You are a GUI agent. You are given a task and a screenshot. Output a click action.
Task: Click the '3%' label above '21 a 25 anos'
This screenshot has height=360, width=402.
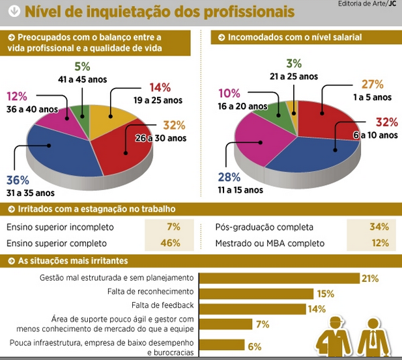[294, 64]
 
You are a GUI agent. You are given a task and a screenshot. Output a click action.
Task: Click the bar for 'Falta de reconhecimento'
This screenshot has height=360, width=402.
[255, 294]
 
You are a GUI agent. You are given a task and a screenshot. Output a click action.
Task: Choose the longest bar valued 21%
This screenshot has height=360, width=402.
[278, 278]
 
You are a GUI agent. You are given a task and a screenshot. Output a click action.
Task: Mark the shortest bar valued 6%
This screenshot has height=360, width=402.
[221, 345]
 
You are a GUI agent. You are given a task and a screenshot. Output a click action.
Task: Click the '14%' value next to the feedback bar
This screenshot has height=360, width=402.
[317, 309]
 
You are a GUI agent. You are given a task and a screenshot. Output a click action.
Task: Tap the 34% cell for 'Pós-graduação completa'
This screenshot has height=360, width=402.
[378, 227]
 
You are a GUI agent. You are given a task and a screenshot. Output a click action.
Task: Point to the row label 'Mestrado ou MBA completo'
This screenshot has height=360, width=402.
[269, 243]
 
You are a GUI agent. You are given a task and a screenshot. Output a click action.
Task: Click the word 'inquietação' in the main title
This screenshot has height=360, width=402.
[140, 11]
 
